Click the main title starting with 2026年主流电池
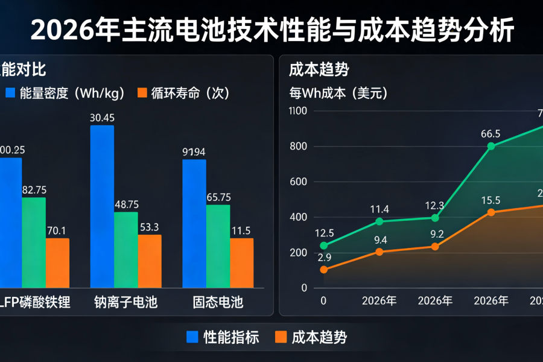click(271, 30)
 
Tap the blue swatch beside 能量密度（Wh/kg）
click(10, 93)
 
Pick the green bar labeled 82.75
click(34, 242)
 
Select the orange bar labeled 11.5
click(242, 262)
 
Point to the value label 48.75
click(126, 205)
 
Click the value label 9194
click(194, 151)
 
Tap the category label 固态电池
click(218, 302)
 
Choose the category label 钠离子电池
click(126, 302)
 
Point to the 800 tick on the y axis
click(298, 147)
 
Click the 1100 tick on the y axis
click(298, 111)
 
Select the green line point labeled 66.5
click(491, 146)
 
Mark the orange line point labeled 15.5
click(491, 212)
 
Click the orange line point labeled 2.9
click(324, 270)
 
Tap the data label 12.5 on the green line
click(324, 233)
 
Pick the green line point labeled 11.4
click(379, 221)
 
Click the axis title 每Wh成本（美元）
click(338, 94)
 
